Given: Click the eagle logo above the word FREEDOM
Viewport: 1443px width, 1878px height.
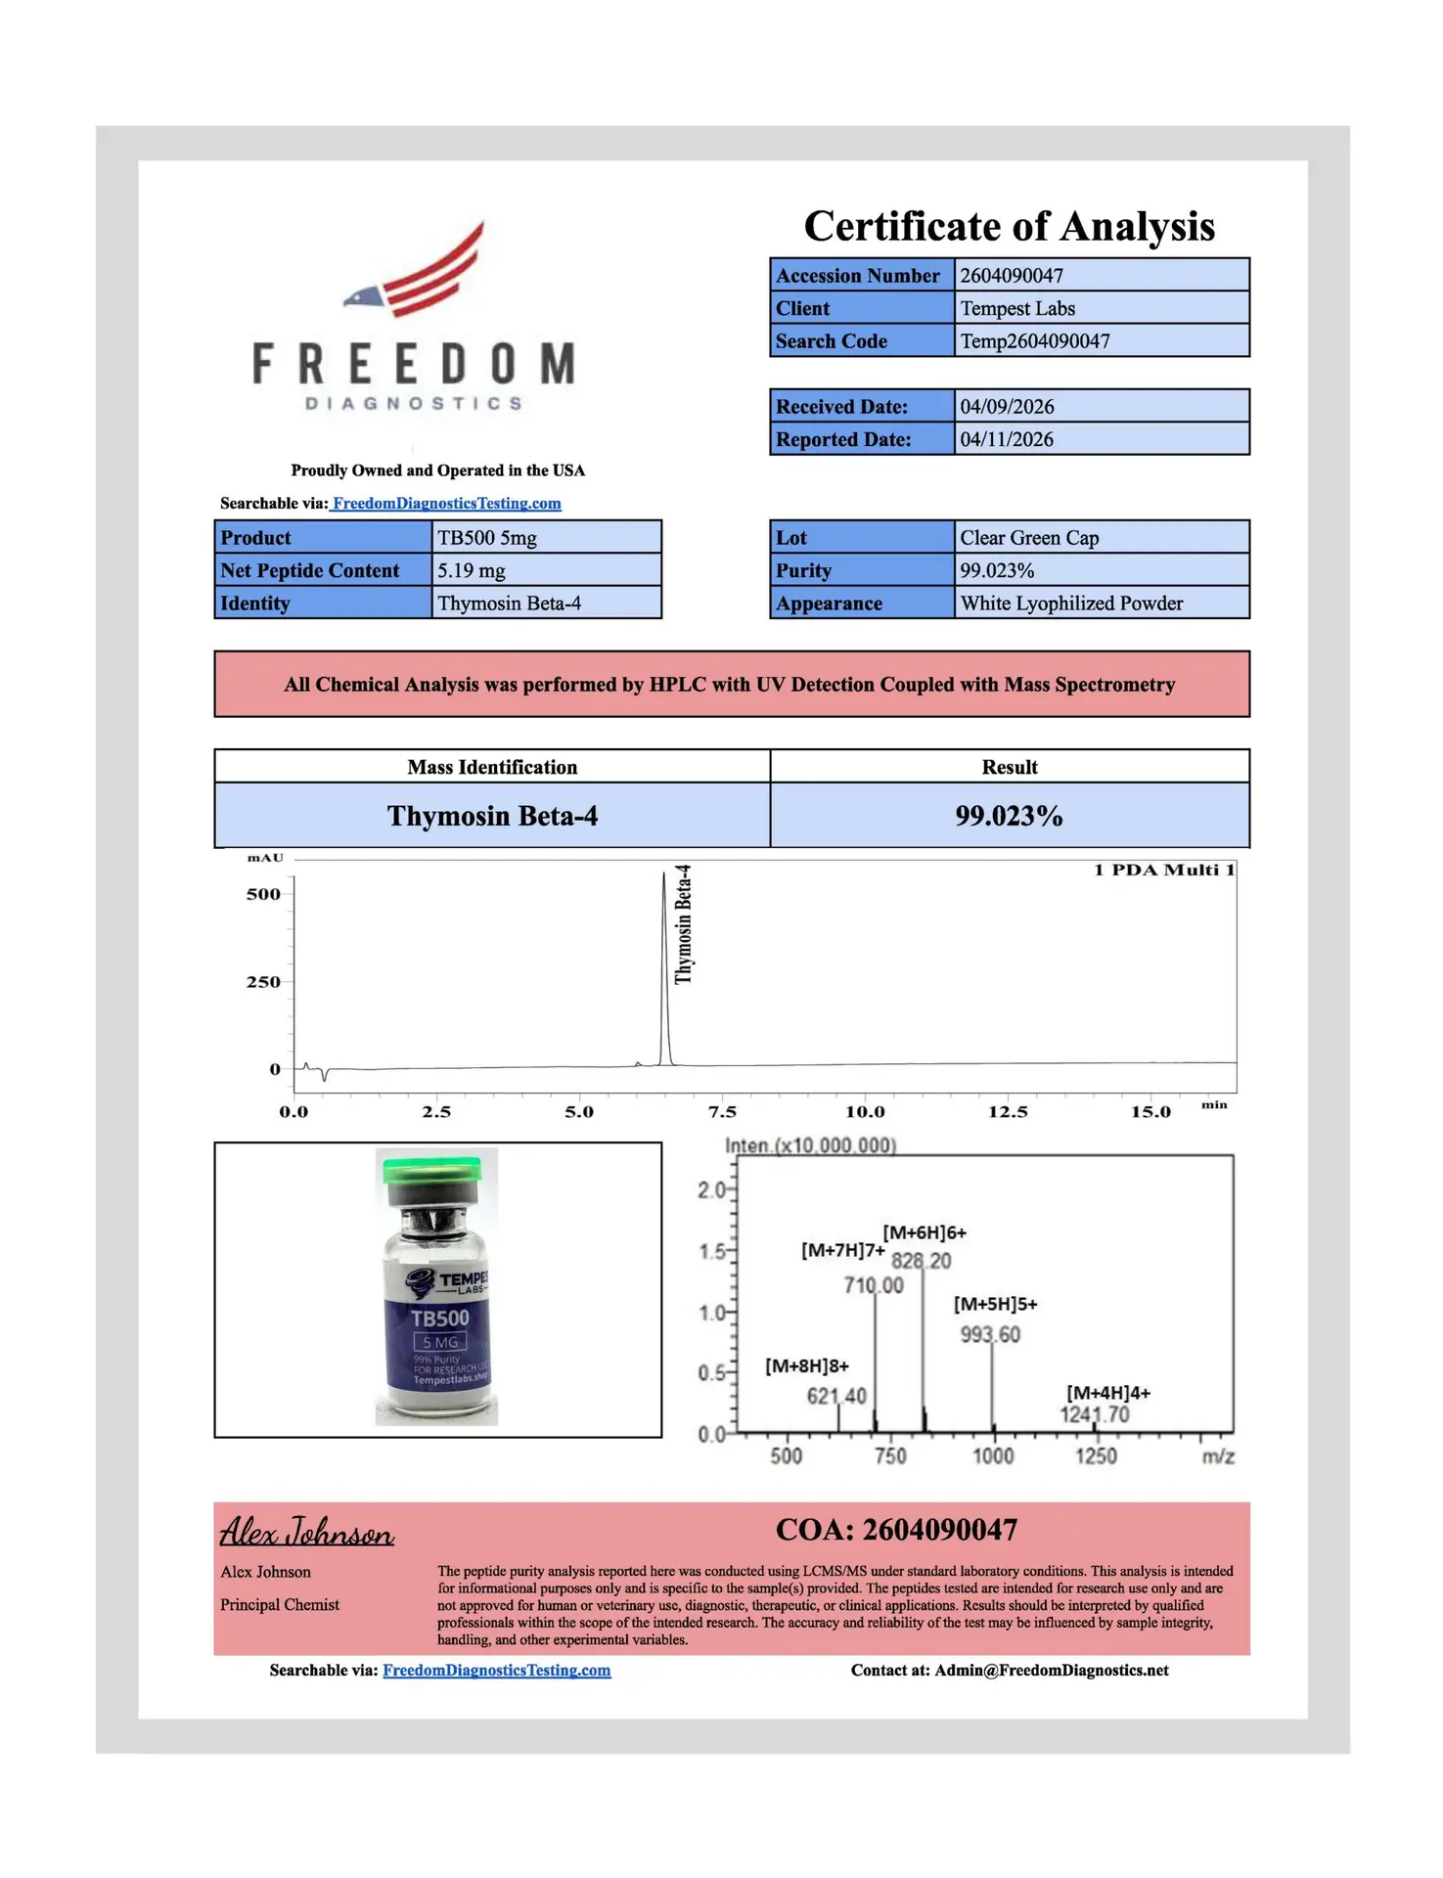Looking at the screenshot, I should (x=416, y=271).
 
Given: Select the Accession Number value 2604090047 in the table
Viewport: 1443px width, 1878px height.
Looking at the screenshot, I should (x=1011, y=276).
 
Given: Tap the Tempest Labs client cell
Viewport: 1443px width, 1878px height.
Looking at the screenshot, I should (x=1016, y=308).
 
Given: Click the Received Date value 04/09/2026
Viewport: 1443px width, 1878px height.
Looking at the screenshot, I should (x=1007, y=407).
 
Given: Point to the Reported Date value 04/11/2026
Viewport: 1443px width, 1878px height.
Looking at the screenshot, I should (x=1007, y=439).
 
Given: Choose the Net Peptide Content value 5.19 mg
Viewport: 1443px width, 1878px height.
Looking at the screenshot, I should (x=471, y=570).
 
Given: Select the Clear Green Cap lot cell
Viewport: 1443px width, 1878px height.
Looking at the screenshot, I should (x=1029, y=538).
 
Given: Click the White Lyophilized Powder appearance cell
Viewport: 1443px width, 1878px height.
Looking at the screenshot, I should (x=1071, y=604).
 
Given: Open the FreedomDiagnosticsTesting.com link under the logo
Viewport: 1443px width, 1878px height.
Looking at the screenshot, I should (x=446, y=504).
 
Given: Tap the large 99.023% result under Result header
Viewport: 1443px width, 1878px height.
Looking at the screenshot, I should (x=1009, y=816).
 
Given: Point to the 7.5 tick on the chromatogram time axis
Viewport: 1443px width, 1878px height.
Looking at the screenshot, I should (x=722, y=1112).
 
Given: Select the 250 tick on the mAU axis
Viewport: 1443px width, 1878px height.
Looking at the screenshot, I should (x=263, y=982).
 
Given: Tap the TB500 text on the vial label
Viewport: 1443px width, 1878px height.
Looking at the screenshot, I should (x=439, y=1319).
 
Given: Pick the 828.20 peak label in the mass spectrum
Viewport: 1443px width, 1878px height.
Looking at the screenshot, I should (x=921, y=1261).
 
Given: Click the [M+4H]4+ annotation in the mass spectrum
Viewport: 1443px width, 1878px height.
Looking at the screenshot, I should (x=1107, y=1393).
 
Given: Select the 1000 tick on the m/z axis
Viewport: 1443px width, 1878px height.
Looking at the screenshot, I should (x=993, y=1456).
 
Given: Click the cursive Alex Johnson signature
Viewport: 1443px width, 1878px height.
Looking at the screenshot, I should (x=306, y=1532).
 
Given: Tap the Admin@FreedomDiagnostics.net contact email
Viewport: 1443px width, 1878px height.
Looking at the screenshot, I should (x=1051, y=1671).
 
